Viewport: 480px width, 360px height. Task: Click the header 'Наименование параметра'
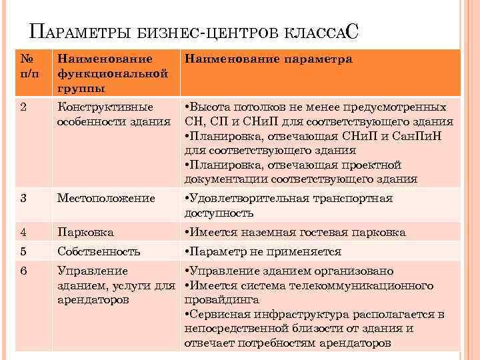[x=268, y=59]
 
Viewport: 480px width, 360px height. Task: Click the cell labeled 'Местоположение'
[x=106, y=198]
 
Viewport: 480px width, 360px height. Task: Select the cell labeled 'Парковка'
[x=86, y=232]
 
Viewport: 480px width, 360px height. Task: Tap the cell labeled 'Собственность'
[x=99, y=251]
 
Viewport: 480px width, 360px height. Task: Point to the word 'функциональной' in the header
[x=112, y=73]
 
